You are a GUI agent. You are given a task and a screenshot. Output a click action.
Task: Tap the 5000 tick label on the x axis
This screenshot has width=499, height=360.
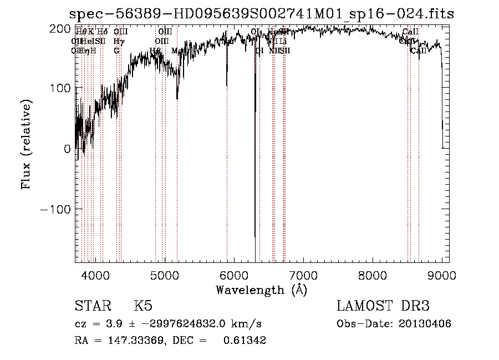point(165,275)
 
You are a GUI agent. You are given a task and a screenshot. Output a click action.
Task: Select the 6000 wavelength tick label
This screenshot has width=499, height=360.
point(234,275)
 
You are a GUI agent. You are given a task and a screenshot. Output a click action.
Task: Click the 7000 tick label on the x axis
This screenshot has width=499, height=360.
point(303,275)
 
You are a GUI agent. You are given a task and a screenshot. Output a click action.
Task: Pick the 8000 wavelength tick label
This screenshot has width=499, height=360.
point(373,275)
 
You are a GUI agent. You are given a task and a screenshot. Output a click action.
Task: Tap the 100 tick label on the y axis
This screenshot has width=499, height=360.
point(60,88)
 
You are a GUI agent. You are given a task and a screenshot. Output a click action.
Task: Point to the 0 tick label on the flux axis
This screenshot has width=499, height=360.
point(67,149)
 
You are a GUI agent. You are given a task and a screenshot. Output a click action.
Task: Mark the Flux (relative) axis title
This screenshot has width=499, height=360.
point(27,144)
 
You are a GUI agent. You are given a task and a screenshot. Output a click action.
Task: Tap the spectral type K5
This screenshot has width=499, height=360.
point(143,306)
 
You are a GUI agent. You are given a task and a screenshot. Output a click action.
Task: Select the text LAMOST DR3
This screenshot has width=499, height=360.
point(383,306)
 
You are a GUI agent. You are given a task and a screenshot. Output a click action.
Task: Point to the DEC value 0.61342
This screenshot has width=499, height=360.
point(245,341)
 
